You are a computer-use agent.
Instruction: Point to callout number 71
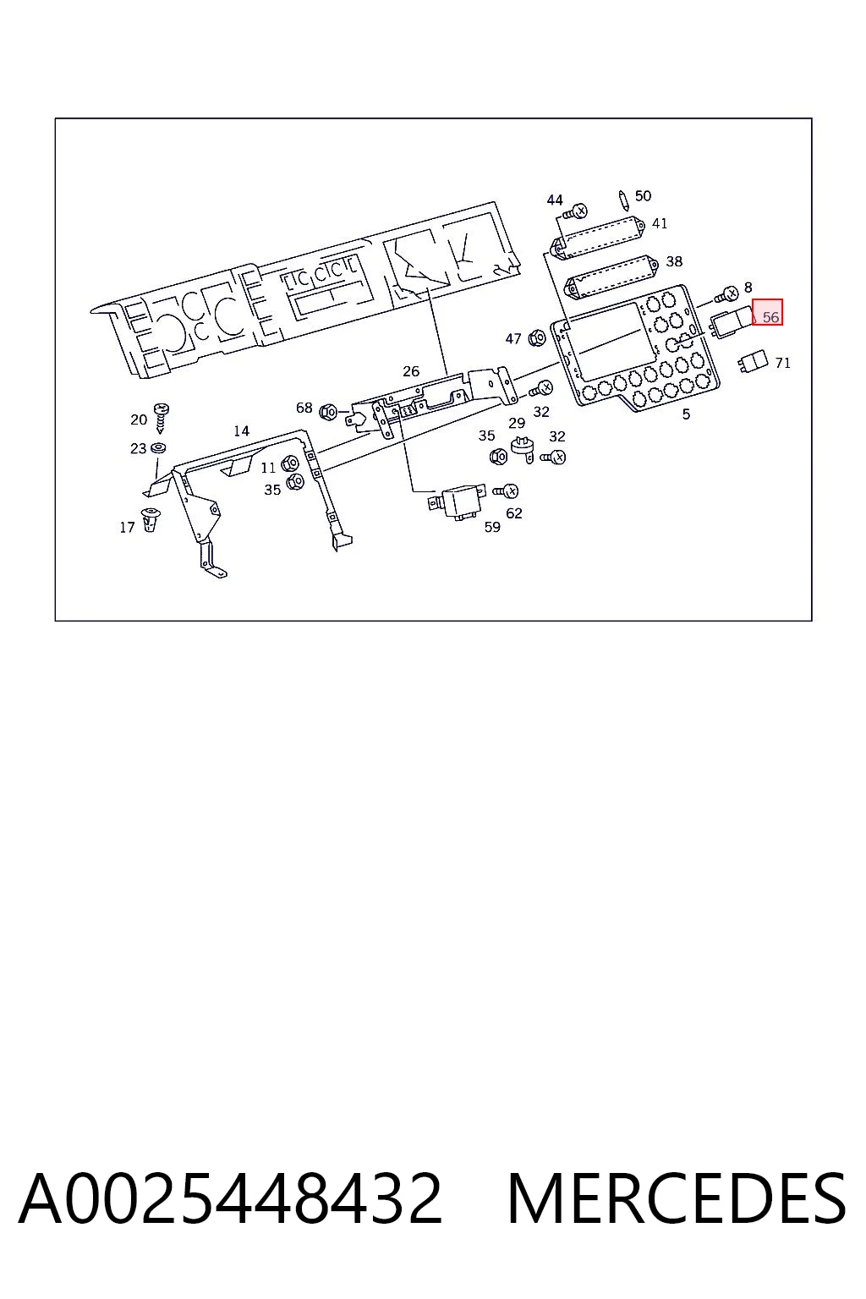pos(782,363)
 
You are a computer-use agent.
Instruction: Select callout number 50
pos(643,196)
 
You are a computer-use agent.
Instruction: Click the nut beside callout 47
pos(537,337)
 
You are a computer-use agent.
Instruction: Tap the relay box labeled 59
pos(457,502)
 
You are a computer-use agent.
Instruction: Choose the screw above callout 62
pos(506,491)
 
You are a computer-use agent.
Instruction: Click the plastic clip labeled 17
pos(151,519)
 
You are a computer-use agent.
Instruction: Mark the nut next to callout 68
pos(328,412)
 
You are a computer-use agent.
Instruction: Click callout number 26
pos(411,371)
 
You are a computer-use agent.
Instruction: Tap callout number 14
pos(241,430)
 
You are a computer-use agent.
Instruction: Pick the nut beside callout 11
pos(289,464)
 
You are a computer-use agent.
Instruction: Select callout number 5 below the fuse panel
pos(686,414)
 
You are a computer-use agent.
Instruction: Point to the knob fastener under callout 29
pos(523,449)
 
